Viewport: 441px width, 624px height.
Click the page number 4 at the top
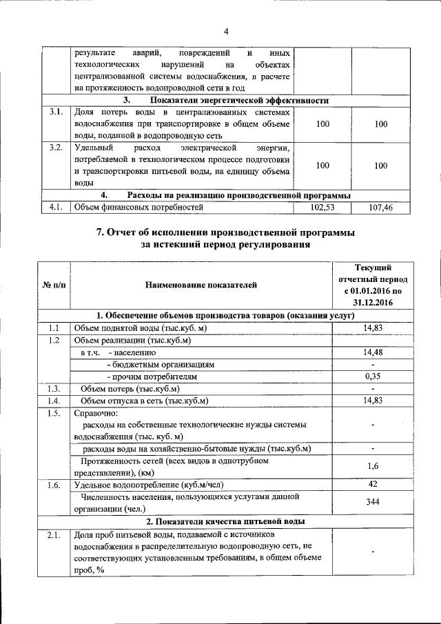pos(225,30)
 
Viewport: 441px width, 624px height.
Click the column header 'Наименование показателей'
pos(201,283)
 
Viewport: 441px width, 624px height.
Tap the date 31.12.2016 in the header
pos(373,302)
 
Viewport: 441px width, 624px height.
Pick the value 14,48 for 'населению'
pos(372,352)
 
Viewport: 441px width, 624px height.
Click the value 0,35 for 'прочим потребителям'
pos(372,377)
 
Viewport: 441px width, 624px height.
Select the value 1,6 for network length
pos(372,467)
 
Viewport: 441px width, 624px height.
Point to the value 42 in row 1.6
pos(372,485)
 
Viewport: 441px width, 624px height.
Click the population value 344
pos(372,503)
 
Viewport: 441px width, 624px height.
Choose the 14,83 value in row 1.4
pos(372,401)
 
